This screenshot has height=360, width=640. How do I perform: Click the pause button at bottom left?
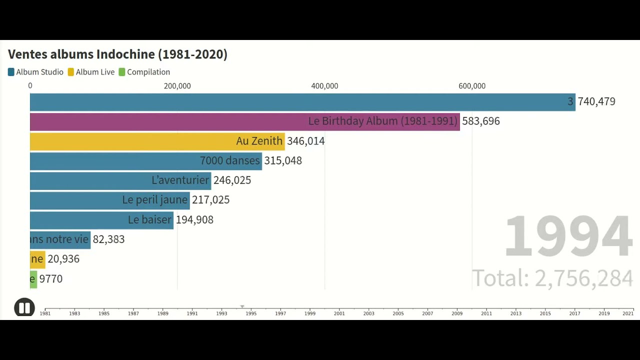click(24, 307)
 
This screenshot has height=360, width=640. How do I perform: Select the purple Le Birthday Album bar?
click(244, 121)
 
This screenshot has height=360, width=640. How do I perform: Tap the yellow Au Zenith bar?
click(157, 141)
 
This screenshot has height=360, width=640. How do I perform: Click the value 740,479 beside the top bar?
click(596, 102)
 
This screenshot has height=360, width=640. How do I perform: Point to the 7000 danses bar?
click(145, 161)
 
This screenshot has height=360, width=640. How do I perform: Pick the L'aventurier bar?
click(120, 180)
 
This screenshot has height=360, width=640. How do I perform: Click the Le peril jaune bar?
click(109, 200)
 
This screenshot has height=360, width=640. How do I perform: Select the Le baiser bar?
click(101, 220)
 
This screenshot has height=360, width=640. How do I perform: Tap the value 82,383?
click(108, 239)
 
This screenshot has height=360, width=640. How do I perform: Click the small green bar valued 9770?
click(33, 279)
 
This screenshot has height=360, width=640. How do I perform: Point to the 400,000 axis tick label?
click(324, 86)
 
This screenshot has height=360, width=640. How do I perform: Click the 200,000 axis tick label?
click(177, 86)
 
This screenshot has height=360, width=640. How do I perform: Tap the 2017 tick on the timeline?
click(574, 312)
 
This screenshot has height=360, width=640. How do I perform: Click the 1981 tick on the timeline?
click(45, 312)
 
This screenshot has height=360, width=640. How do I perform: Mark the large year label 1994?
click(568, 236)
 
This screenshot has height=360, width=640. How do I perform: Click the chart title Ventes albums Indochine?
click(117, 54)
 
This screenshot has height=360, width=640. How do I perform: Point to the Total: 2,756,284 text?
click(552, 278)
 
